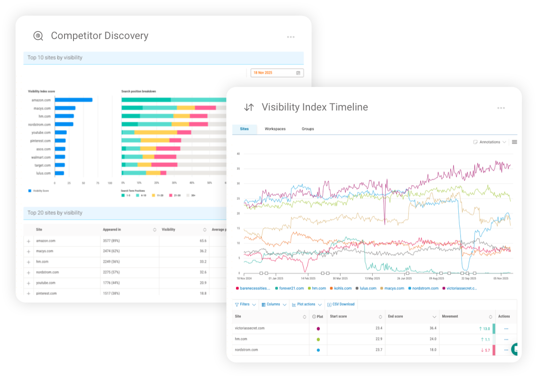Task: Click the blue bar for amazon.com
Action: (73, 100)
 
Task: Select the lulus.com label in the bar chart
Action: (43, 173)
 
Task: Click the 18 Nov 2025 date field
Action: (277, 73)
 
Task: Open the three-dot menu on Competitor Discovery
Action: (291, 37)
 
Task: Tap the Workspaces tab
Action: (275, 129)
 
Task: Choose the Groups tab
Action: (308, 129)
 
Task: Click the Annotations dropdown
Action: (489, 142)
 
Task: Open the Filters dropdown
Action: (245, 304)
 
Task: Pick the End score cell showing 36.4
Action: (432, 328)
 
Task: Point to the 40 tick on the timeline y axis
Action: (238, 154)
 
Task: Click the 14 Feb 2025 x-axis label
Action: (309, 278)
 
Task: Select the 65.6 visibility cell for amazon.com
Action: (203, 241)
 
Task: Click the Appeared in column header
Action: (112, 229)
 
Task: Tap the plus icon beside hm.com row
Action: (29, 262)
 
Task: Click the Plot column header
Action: (318, 316)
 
